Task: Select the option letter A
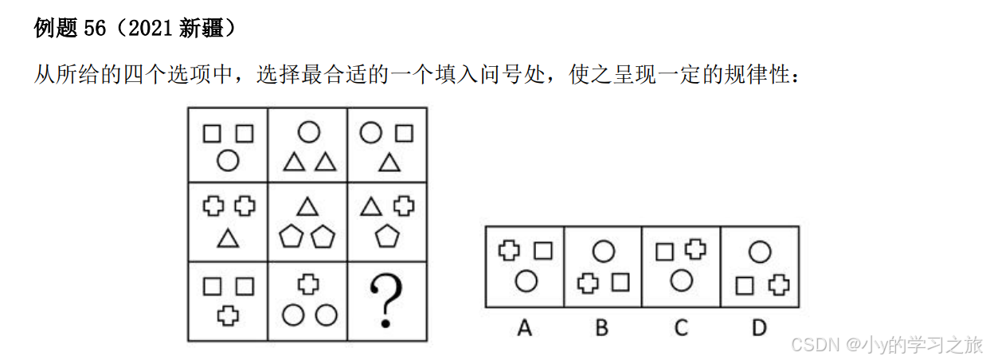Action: [523, 327]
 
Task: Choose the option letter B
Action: [602, 327]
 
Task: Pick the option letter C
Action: [680, 327]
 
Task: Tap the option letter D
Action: [759, 327]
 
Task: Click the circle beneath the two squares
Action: [228, 162]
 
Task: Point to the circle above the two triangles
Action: [308, 131]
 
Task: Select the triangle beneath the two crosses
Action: [228, 237]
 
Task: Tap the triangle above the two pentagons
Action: [307, 208]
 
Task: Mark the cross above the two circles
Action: [308, 284]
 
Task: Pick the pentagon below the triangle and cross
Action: [387, 237]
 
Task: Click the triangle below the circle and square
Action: [388, 162]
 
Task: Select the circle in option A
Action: [524, 280]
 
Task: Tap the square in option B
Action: [620, 282]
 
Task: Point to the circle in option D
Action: [760, 253]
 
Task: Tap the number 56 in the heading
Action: [95, 29]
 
